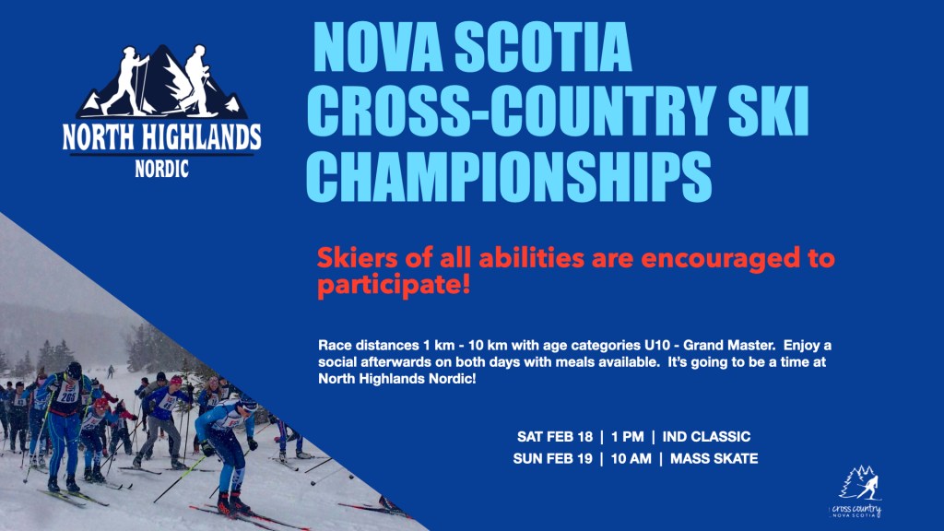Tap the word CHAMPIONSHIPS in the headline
pos(509,175)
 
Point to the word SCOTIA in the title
pos(543,47)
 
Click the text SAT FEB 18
pos(554,436)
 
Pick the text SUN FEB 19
pos(553,459)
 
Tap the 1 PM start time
pos(627,436)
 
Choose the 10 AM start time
pos(631,459)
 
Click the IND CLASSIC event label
pos(706,436)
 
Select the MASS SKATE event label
pos(714,459)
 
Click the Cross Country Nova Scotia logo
pos(857,491)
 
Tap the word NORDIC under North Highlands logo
pos(162,169)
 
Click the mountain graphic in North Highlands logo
pos(162,81)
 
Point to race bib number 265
pos(67,397)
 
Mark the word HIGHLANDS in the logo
pos(202,137)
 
